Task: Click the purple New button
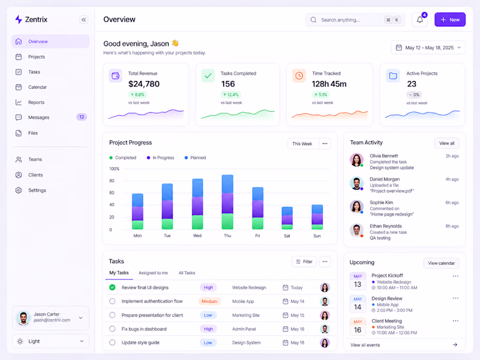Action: [x=449, y=20]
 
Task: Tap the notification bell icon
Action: [x=419, y=20]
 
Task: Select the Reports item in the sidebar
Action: [x=36, y=102]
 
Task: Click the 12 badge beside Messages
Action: [x=82, y=117]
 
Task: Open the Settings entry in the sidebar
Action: [x=37, y=190]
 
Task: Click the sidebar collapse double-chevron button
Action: [x=83, y=20]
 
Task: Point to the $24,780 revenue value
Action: [x=144, y=84]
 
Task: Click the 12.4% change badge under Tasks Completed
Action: [x=231, y=95]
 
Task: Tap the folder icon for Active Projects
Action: [x=393, y=76]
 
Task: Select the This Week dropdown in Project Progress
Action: [x=303, y=143]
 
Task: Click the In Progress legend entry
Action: [x=160, y=158]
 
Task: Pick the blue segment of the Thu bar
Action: [x=227, y=184]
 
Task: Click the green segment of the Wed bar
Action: [x=197, y=222]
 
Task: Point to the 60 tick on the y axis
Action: [x=112, y=193]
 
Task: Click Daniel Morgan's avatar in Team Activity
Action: [x=356, y=183]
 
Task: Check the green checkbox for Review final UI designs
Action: [x=112, y=287]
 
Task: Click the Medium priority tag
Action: [x=209, y=301]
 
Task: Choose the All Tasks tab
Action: [x=187, y=273]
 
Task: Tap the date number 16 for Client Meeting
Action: [x=358, y=330]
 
